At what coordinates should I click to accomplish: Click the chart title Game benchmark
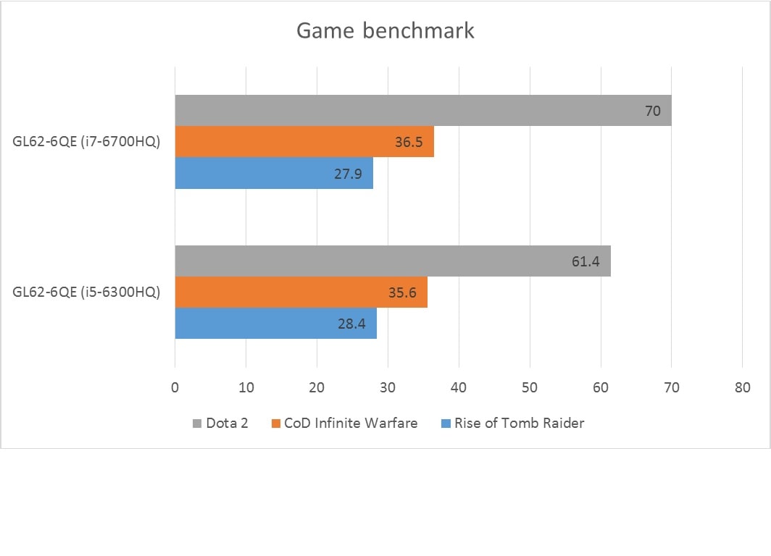385,31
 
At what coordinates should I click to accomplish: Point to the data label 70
652,111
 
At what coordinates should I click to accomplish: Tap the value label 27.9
349,174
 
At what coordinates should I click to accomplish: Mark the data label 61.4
585,261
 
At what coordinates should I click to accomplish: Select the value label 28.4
351,324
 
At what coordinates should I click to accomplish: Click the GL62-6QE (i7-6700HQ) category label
86,142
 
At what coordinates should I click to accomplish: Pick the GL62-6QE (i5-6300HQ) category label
86,292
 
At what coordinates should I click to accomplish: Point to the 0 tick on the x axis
175,388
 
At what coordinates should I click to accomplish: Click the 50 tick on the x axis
530,388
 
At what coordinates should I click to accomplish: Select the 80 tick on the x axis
742,388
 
